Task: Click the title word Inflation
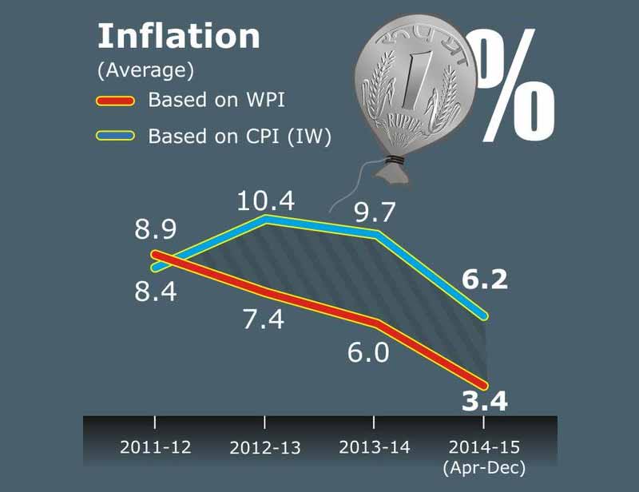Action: click(178, 37)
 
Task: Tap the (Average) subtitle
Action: click(145, 70)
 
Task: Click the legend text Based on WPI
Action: click(216, 101)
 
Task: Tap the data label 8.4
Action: click(155, 292)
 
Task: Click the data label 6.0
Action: click(368, 351)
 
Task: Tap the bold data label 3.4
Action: click(485, 401)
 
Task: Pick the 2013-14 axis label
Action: click(375, 447)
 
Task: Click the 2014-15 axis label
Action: click(484, 447)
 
